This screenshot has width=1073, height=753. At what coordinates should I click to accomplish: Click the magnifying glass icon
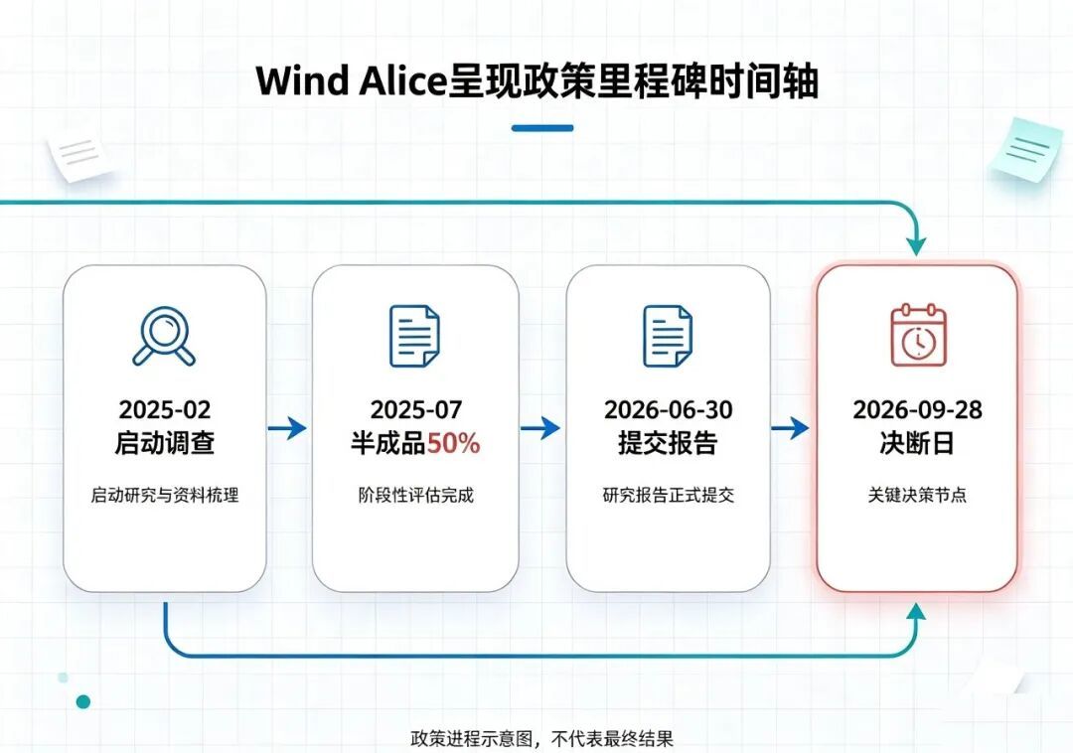pos(164,336)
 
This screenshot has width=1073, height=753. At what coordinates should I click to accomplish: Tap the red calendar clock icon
pos(918,335)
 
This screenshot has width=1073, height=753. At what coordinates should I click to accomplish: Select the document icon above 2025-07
pos(414,336)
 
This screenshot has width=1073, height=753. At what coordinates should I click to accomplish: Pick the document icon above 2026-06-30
pos(668,336)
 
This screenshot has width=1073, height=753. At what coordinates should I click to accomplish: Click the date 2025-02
pos(165,409)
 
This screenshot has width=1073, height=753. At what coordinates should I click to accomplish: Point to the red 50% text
pos(454,444)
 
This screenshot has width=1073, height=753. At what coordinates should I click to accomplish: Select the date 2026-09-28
pos(917,409)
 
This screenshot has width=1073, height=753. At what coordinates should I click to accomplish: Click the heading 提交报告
pos(668,443)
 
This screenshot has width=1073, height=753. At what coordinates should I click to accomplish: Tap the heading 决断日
pos(917,443)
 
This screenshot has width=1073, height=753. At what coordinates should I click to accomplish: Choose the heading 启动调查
pos(164,443)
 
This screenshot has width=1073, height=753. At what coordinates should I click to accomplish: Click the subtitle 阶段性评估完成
pos(416,495)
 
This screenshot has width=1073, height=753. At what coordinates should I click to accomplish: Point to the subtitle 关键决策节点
pos(917,495)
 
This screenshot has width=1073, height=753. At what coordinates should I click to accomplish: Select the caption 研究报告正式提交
pos(669,495)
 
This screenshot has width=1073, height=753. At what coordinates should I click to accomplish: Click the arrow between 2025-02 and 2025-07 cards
pos(287,429)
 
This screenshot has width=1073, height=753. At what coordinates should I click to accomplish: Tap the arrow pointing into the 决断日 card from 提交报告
pos(791,429)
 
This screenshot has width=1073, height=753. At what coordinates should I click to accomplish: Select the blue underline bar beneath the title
pos(542,128)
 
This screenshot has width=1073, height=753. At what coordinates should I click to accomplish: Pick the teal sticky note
pos(1024,149)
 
